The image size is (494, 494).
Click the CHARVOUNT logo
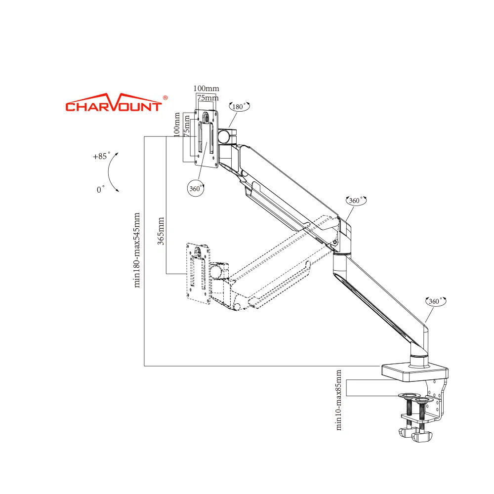click(x=114, y=105)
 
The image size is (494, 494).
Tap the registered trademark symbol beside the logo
click(x=165, y=97)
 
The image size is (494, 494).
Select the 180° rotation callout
click(x=240, y=106)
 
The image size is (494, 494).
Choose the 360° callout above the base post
click(x=435, y=301)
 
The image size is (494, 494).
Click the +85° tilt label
click(x=100, y=156)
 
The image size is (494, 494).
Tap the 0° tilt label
click(x=101, y=189)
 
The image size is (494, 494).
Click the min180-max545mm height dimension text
click(x=137, y=249)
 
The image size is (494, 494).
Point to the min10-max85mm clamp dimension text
click(x=339, y=400)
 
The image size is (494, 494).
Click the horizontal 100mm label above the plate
click(x=206, y=88)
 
